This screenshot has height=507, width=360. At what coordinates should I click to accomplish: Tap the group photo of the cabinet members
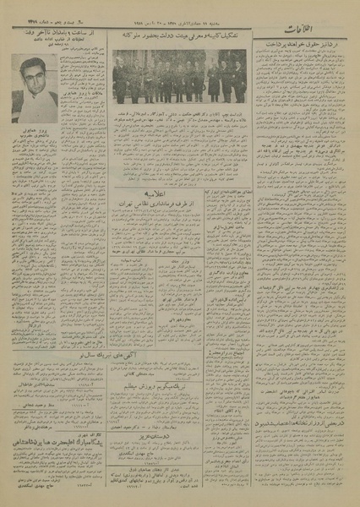(180, 78)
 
